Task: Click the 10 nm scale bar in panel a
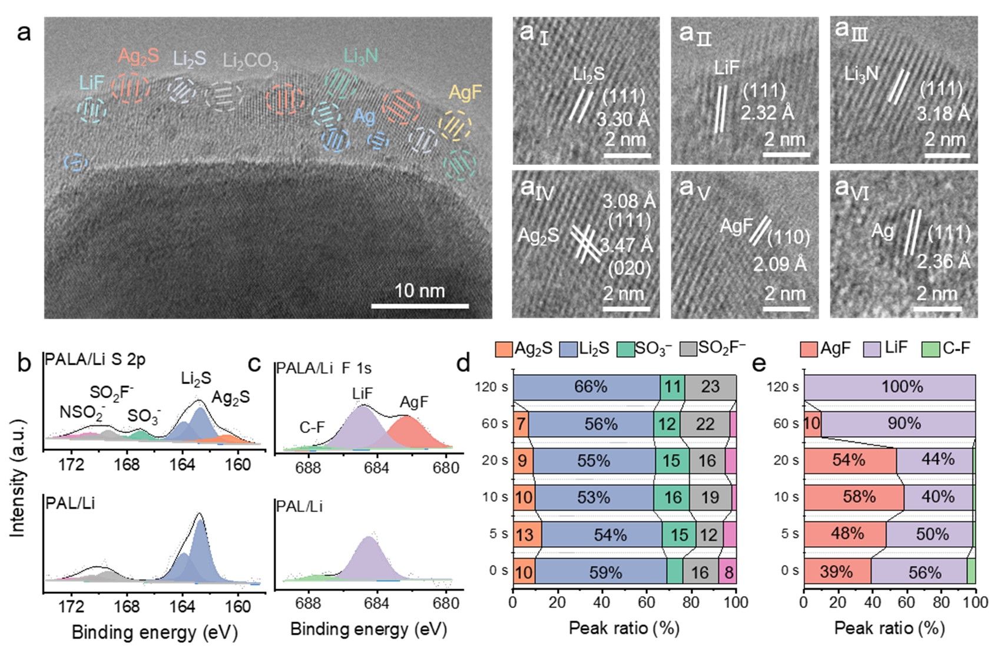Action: (419, 306)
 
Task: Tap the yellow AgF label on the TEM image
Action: (465, 92)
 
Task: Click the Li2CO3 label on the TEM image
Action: (250, 61)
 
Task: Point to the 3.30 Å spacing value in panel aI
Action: (622, 120)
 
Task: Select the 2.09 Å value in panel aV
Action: (780, 264)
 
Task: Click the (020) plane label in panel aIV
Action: (629, 269)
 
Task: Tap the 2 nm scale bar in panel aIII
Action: (947, 156)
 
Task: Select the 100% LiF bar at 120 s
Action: (890, 387)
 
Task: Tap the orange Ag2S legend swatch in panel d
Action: (504, 349)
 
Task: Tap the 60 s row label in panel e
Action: (786, 424)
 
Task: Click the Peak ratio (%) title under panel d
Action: (624, 628)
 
